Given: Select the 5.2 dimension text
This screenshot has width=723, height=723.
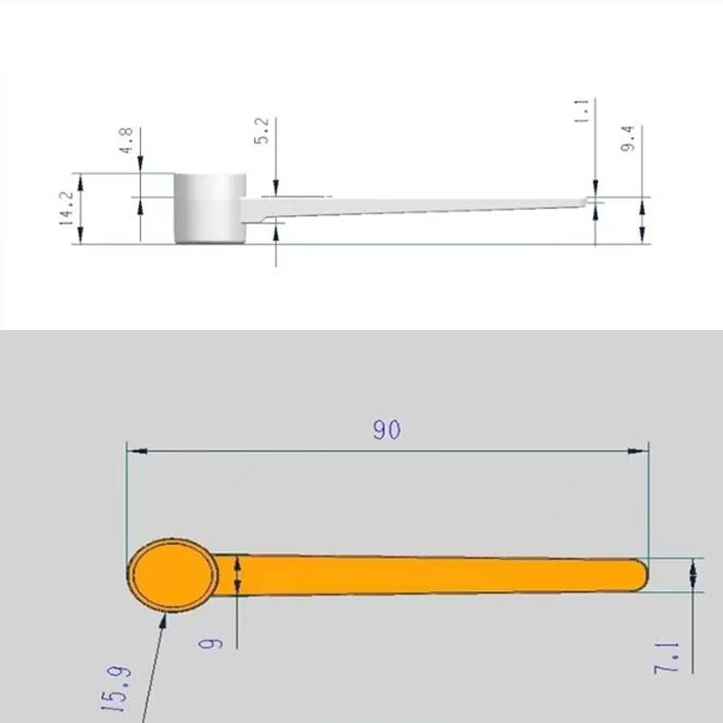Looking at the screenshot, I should point(262,132).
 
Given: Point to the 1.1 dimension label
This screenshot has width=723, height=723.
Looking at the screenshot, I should point(582,111).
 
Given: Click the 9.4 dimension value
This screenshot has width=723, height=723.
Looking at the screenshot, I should point(630,137).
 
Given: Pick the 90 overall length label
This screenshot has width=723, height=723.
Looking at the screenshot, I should point(387,429).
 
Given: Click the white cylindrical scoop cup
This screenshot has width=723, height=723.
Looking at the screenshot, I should point(210,208).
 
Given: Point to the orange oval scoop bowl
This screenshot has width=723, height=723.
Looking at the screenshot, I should point(172,576).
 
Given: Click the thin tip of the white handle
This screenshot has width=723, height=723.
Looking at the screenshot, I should point(589,202).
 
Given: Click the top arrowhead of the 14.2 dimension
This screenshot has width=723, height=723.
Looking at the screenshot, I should point(81,179).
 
